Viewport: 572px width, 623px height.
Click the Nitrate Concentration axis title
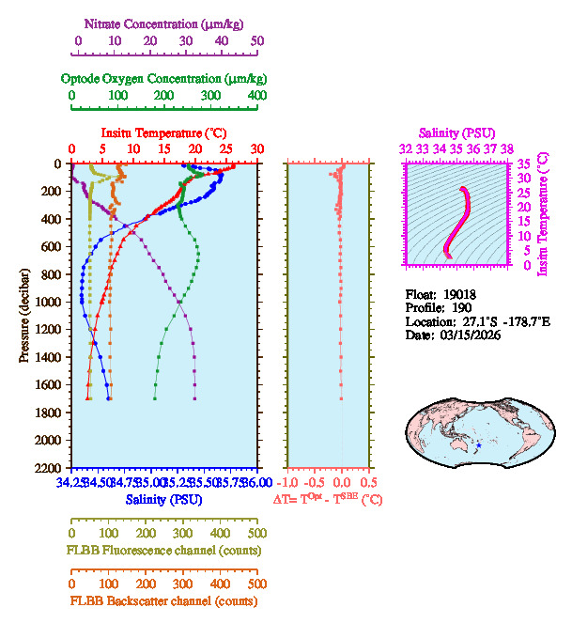click(166, 22)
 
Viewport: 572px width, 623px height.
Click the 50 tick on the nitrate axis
click(257, 41)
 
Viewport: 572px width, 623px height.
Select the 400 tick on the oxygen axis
click(256, 96)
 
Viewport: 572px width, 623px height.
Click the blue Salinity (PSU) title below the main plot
click(163, 499)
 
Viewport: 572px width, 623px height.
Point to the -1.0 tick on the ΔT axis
click(288, 482)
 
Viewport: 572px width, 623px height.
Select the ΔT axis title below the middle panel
click(328, 500)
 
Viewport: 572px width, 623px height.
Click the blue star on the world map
click(479, 444)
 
